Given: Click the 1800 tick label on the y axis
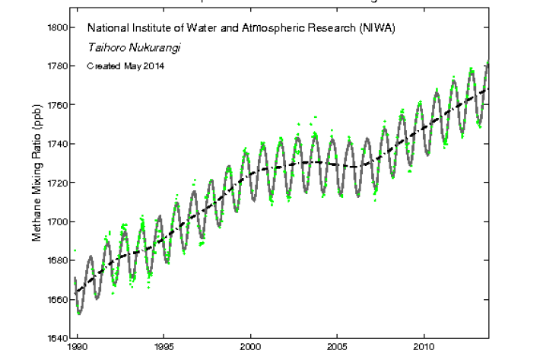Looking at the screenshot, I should pyautogui.click(x=59, y=27).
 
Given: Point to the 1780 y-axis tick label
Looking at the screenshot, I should pyautogui.click(x=59, y=66).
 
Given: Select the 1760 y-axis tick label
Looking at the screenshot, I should pyautogui.click(x=59, y=105).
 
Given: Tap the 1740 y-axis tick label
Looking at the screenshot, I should pyautogui.click(x=59, y=144).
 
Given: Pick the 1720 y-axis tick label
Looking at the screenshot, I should pyautogui.click(x=59, y=183).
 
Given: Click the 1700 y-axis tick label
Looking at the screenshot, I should pyautogui.click(x=59, y=221).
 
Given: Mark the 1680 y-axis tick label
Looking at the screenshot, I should pyautogui.click(x=59, y=260).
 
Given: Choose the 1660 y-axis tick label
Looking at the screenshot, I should pyautogui.click(x=59, y=299).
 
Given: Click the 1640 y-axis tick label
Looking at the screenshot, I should pyautogui.click(x=59, y=338).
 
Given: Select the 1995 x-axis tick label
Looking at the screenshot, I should pyautogui.click(x=164, y=346).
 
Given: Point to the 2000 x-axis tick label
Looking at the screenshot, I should pyautogui.click(x=251, y=346).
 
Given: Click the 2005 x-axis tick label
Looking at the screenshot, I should pyautogui.click(x=338, y=346).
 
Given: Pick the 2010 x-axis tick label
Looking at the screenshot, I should pyautogui.click(x=424, y=346).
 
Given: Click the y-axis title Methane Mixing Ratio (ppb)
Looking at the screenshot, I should pyautogui.click(x=37, y=183).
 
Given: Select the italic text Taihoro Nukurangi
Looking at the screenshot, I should pyautogui.click(x=129, y=47).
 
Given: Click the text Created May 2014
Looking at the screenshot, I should pyautogui.click(x=125, y=65).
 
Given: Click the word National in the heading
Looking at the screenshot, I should pyautogui.click(x=106, y=28).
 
